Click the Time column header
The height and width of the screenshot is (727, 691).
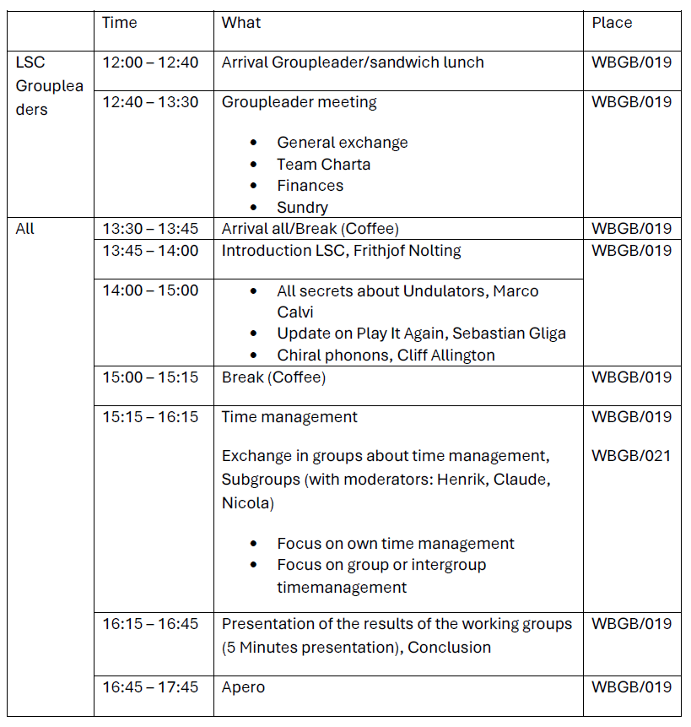(x=119, y=23)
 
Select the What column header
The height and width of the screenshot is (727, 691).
(x=241, y=23)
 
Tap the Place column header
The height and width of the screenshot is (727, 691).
(x=612, y=23)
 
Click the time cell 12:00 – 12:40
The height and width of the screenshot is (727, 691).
(x=150, y=62)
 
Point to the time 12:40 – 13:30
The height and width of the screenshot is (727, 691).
(x=150, y=102)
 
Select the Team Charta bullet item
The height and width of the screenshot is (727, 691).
(x=323, y=165)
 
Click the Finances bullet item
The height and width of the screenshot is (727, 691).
(x=310, y=186)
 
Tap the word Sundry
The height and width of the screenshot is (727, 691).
(x=302, y=207)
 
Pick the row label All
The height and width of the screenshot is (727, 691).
(x=25, y=229)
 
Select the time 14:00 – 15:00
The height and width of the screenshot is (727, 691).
(x=150, y=290)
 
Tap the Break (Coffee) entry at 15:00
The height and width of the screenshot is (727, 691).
(x=273, y=377)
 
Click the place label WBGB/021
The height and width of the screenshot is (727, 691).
(x=631, y=456)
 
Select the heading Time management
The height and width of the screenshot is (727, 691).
(x=289, y=417)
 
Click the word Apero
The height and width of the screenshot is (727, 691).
(x=243, y=687)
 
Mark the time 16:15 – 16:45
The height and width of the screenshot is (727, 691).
(x=150, y=624)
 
